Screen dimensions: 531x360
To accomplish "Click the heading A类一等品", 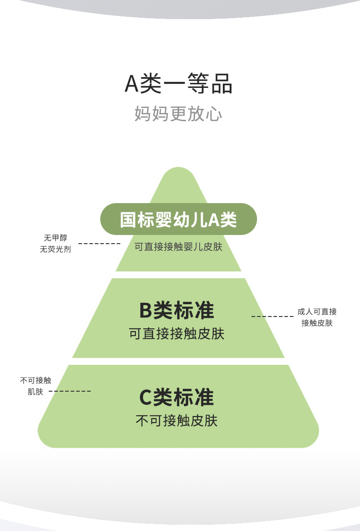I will click(x=179, y=84).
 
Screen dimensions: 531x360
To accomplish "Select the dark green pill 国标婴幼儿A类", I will click(x=178, y=220).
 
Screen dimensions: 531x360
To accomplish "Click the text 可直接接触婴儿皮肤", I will click(x=178, y=247).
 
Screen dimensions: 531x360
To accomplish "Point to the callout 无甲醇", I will click(x=55, y=238).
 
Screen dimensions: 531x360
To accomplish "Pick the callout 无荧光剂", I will click(x=55, y=250).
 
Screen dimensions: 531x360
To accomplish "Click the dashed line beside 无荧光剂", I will click(x=99, y=244).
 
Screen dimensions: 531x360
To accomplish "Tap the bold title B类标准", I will click(x=177, y=311).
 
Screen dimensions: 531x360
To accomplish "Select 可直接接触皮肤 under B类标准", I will click(x=177, y=334).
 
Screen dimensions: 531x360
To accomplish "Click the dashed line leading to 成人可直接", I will click(x=272, y=316).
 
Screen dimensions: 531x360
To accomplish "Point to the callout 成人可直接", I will click(x=317, y=311).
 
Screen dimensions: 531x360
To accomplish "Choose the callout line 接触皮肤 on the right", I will click(x=317, y=323).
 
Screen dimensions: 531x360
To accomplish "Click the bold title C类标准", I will click(x=177, y=397).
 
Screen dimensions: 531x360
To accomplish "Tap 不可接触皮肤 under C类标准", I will click(x=177, y=420).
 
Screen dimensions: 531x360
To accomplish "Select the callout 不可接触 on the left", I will click(x=36, y=380).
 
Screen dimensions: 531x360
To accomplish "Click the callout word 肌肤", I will click(x=36, y=392).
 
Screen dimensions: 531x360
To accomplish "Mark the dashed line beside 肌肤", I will click(x=70, y=391).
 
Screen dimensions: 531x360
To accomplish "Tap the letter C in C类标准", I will click(x=145, y=398).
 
